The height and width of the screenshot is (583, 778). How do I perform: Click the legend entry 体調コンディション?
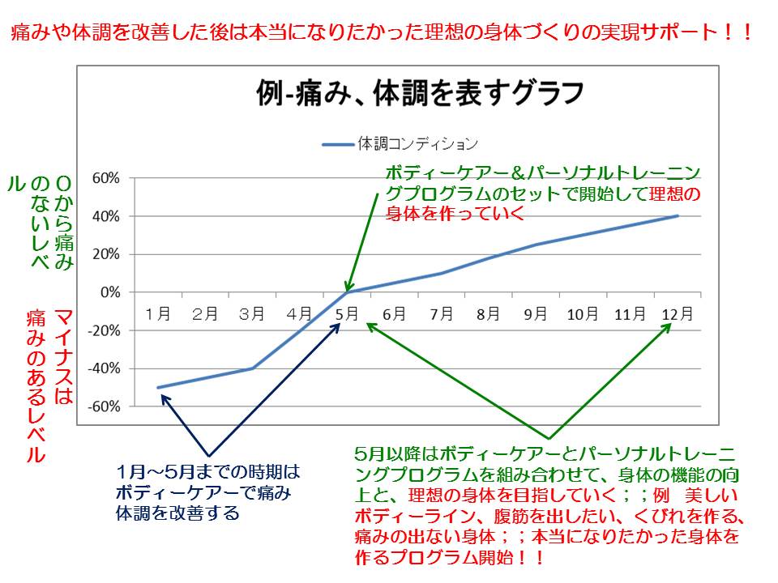click(400, 144)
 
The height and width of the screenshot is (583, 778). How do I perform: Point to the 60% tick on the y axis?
click(105, 178)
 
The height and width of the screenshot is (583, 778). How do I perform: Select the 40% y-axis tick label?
click(105, 216)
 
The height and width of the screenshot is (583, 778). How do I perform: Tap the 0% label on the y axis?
click(110, 292)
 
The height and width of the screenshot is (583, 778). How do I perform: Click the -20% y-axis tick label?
click(103, 330)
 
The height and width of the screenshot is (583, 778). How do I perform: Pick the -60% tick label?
click(103, 406)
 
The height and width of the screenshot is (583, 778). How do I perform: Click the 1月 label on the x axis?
click(157, 313)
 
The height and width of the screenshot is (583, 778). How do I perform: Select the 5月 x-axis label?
click(346, 313)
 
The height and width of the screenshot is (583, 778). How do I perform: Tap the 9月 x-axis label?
click(535, 313)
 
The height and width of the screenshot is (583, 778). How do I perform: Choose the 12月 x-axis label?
click(675, 313)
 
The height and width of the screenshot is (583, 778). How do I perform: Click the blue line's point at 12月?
click(677, 216)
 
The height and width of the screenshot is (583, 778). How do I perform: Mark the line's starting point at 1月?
click(158, 387)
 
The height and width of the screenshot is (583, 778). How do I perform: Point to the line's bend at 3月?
click(252, 368)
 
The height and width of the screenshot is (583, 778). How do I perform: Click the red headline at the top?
click(381, 33)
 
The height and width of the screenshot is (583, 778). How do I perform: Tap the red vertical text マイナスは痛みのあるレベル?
click(49, 385)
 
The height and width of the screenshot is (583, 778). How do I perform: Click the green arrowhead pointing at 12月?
click(669, 326)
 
